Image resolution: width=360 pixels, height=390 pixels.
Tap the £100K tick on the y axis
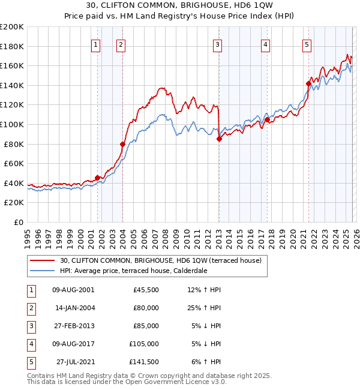click(x=12, y=124)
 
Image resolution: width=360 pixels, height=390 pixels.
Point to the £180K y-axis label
click(x=12, y=46)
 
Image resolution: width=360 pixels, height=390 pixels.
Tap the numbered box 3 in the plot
click(x=217, y=44)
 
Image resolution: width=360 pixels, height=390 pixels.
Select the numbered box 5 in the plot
click(x=307, y=44)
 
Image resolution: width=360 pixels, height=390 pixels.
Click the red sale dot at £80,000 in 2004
click(x=122, y=144)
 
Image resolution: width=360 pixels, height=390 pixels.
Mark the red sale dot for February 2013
click(x=219, y=139)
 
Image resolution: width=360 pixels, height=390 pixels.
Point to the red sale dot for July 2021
click(x=308, y=84)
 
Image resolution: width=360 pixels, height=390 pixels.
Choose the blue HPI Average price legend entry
click(x=142, y=271)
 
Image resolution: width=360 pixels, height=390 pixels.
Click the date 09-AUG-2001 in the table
click(x=73, y=289)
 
